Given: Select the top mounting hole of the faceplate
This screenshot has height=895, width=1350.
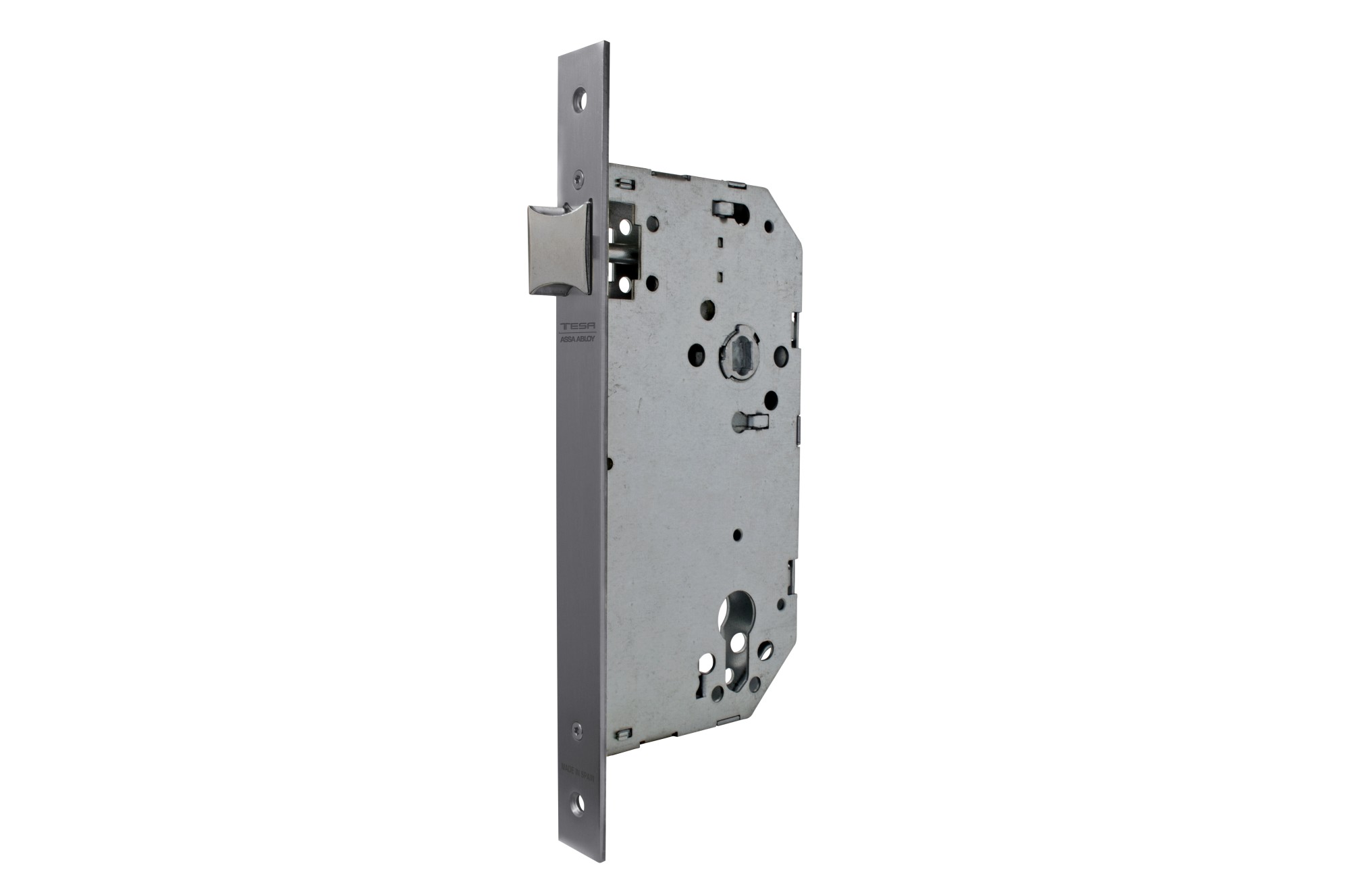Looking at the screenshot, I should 579,97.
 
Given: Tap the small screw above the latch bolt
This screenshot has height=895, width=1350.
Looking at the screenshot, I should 578,177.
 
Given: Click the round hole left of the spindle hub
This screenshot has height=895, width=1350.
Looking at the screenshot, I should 697,352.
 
